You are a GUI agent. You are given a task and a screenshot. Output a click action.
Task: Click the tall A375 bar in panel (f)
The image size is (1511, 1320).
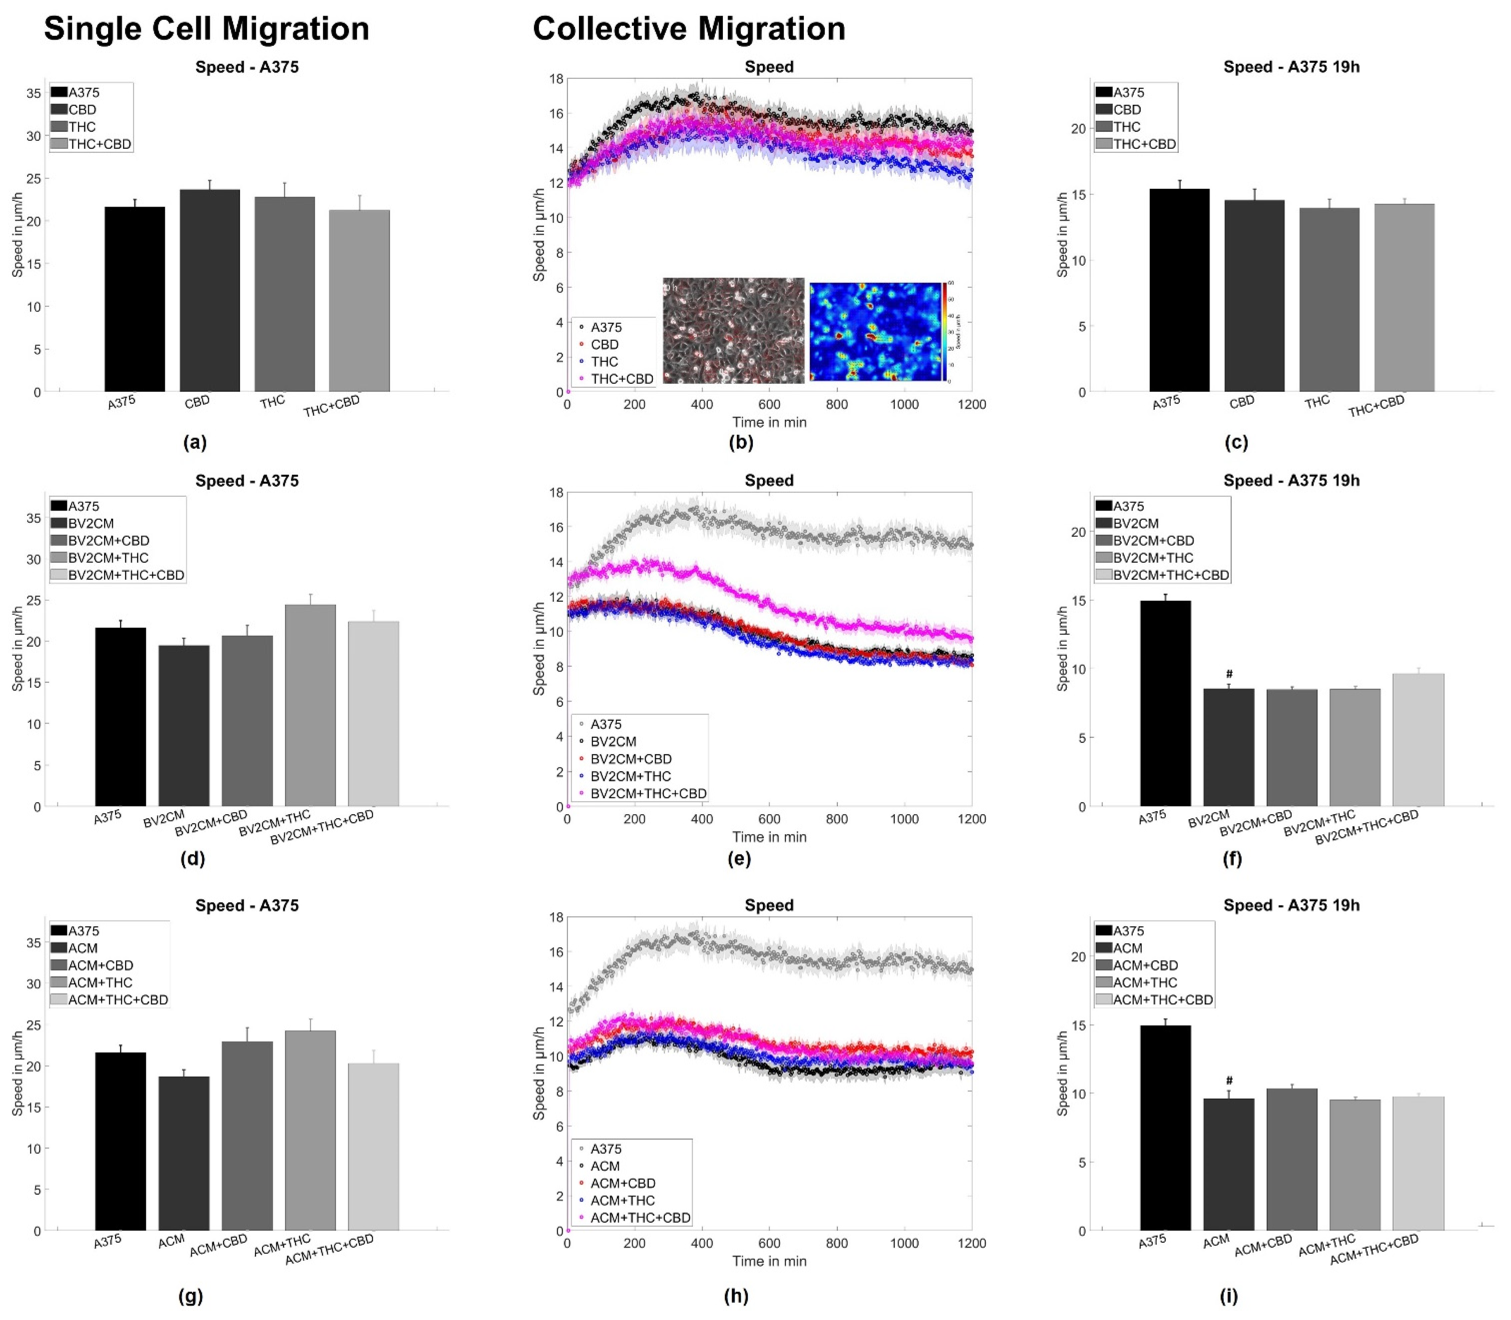[1165, 703]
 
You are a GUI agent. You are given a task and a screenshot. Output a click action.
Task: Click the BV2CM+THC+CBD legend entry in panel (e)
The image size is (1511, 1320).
[648, 793]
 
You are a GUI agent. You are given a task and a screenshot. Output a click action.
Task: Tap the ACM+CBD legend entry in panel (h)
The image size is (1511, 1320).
[622, 1183]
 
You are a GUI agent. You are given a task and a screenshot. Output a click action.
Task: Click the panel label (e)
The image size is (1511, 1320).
[739, 858]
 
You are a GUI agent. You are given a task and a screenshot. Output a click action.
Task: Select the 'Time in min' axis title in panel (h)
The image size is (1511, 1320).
[769, 1261]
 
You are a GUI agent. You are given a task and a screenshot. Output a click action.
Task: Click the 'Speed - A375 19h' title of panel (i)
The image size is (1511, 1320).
[1291, 905]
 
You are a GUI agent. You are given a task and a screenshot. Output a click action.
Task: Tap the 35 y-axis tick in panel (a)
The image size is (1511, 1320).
[34, 93]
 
